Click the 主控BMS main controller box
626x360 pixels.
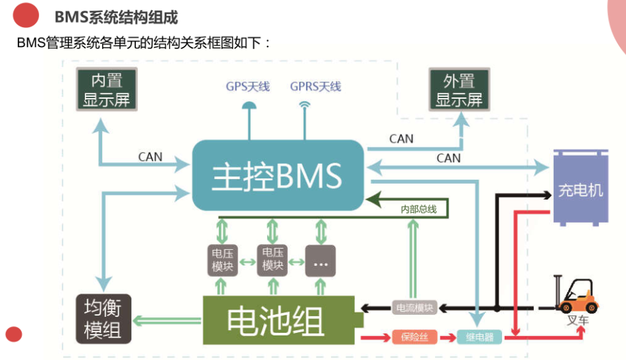(x=278, y=176)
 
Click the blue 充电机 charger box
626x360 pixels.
(x=580, y=188)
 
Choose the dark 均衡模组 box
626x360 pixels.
(x=103, y=318)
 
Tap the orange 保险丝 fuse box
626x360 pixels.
(x=414, y=337)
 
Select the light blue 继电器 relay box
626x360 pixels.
(x=479, y=337)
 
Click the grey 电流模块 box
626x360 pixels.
(x=414, y=308)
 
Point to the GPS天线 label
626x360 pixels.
(x=247, y=87)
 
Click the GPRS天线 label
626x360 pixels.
(x=315, y=87)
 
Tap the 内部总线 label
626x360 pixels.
(x=418, y=210)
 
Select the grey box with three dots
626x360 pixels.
(x=321, y=260)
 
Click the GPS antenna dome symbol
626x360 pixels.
(x=249, y=105)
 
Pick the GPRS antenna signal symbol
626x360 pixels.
(x=304, y=104)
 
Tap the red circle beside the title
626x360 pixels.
(x=26, y=15)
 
